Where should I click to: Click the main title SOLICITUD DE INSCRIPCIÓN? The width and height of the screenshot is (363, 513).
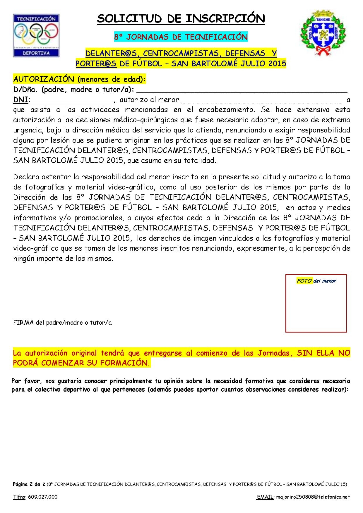pos(181,19)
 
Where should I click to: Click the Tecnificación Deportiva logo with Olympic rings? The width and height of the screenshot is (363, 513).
pos(36,35)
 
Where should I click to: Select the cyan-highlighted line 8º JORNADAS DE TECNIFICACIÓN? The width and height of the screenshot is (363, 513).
pos(181,37)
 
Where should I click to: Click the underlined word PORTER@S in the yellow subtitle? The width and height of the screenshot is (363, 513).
pos(96,63)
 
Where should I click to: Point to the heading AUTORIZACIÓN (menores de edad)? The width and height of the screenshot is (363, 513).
pos(80,80)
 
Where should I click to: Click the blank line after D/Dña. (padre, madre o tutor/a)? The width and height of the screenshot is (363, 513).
pos(242,90)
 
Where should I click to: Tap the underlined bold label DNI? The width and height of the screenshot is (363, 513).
pos(20,100)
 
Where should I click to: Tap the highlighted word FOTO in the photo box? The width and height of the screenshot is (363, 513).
pos(304,281)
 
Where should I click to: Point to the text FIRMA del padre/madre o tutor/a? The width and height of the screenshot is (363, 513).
pos(63,323)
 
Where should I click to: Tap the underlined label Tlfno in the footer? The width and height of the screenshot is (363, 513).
pos(19,497)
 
